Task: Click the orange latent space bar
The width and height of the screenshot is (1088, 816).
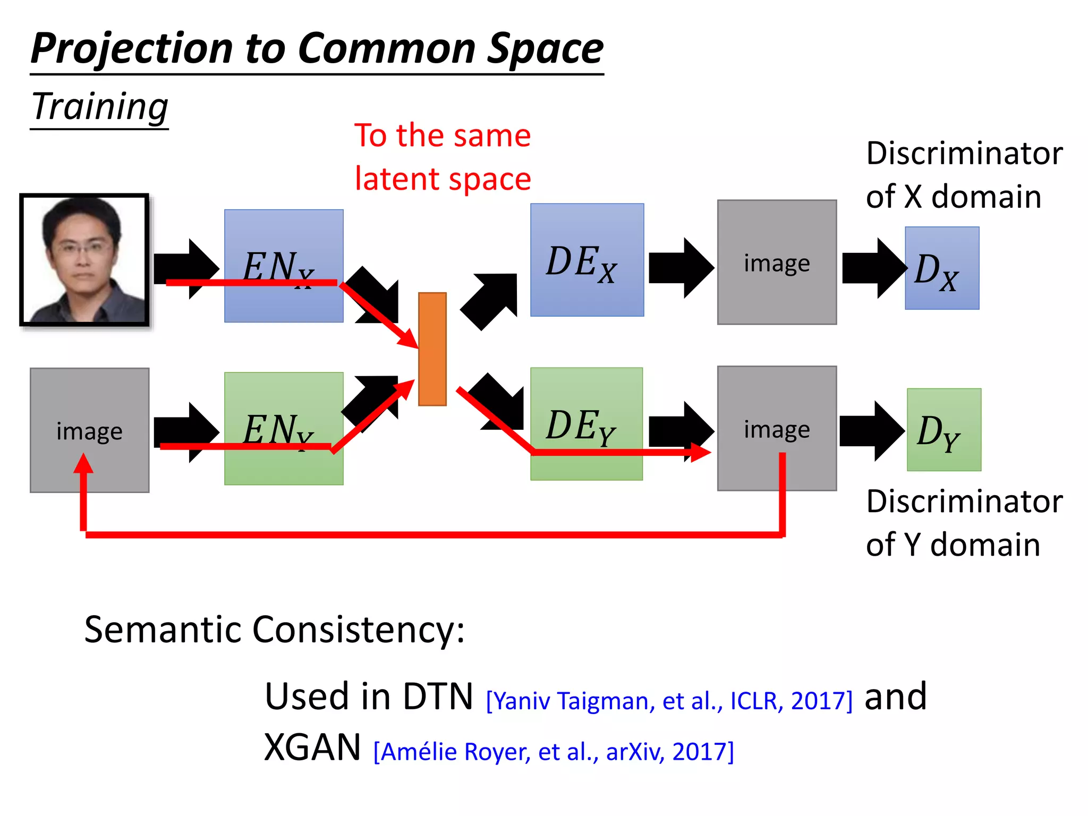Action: (x=432, y=349)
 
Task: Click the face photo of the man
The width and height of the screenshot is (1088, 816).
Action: (x=84, y=260)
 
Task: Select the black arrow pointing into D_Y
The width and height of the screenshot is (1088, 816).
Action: (x=872, y=431)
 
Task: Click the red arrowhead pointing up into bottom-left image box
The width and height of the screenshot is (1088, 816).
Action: (x=83, y=464)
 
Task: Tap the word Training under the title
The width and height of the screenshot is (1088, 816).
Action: (x=100, y=107)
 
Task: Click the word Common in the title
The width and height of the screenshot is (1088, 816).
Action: (x=386, y=49)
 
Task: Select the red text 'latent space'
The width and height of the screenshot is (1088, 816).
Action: (x=443, y=179)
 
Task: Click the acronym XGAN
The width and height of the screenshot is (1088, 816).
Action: (x=312, y=747)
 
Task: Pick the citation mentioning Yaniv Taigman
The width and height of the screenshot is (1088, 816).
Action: (x=669, y=701)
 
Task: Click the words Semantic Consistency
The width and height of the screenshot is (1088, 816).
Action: (x=274, y=630)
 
